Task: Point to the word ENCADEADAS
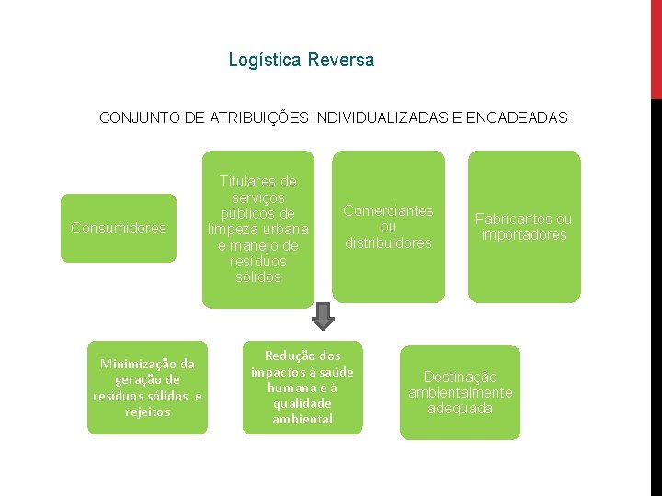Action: point(518,118)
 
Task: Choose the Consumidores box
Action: point(119,228)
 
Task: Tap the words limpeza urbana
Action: point(258,229)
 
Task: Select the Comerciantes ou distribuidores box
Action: point(388,226)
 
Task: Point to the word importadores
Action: point(524,235)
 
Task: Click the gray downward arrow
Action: point(323,316)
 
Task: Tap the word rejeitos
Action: point(147,411)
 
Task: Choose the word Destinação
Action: point(460,377)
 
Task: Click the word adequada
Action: point(461,409)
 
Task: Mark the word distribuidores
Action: point(388,243)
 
